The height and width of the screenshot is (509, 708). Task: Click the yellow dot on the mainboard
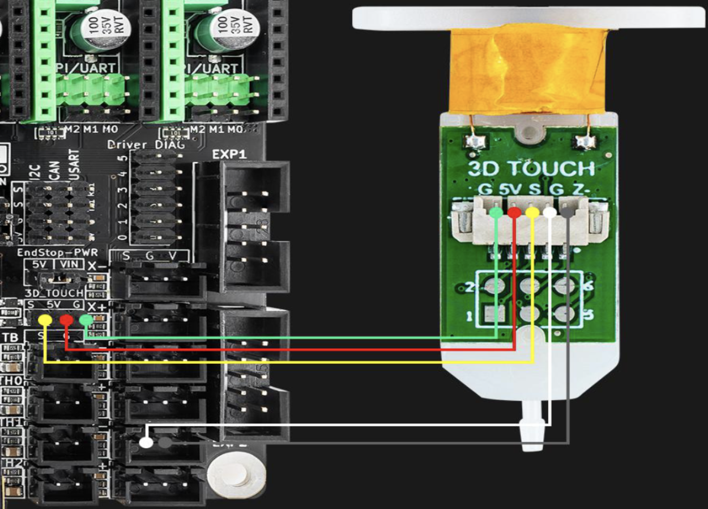[x=45, y=320]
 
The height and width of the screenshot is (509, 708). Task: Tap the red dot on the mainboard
[x=66, y=320]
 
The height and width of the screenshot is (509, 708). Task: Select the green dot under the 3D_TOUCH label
[x=86, y=320]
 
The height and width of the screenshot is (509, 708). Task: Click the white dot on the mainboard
[x=146, y=442]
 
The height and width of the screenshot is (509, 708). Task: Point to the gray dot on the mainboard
[x=165, y=442]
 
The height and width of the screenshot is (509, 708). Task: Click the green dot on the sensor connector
[x=496, y=213]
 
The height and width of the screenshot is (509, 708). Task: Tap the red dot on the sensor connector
[x=514, y=213]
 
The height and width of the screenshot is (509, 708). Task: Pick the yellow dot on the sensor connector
[x=532, y=213]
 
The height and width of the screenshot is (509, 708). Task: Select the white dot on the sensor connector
[x=550, y=213]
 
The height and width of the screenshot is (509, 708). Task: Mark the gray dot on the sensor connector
[x=568, y=213]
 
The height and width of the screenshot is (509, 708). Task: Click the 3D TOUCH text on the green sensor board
[x=531, y=168]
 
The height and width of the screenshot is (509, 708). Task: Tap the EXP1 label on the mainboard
[x=225, y=154]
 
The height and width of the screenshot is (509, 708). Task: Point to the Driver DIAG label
[x=146, y=145]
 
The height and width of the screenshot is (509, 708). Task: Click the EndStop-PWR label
[x=50, y=252]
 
